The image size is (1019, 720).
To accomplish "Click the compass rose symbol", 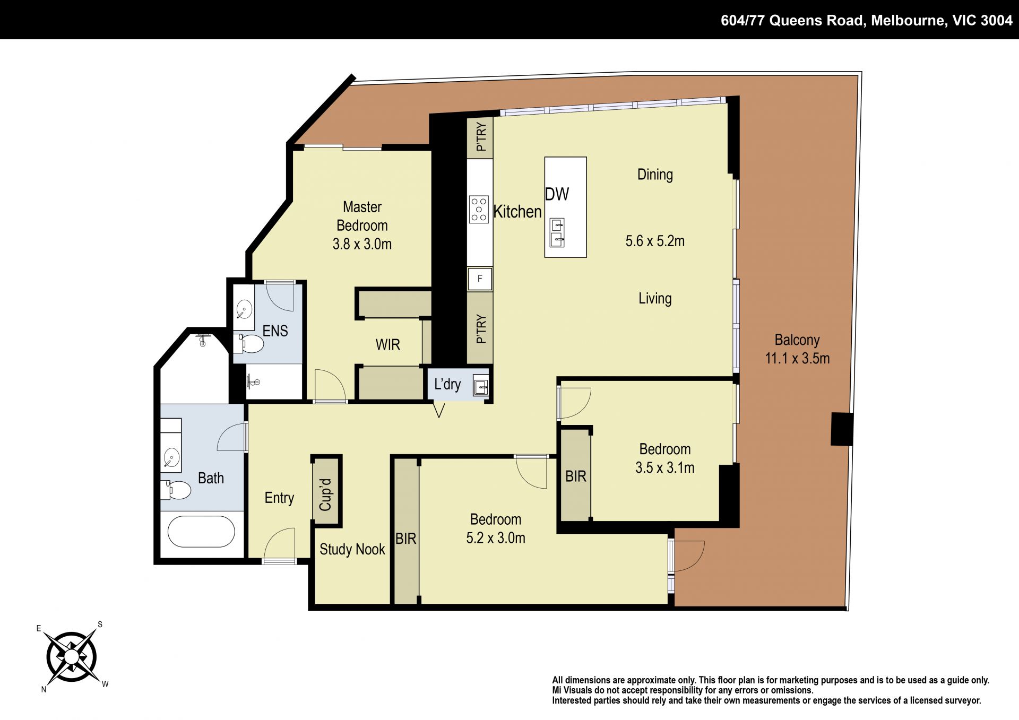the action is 72,657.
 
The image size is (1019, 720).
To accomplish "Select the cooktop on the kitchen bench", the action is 479,209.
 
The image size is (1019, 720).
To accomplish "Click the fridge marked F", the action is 480,279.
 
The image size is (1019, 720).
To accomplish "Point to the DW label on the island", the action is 557,194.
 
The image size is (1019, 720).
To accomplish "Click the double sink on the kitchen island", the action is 557,232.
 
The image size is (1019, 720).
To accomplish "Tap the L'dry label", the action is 447,384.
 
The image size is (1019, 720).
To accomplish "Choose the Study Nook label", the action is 352,549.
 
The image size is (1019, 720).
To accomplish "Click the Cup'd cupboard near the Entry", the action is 326,491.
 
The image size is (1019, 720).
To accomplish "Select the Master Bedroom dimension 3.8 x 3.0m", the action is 362,244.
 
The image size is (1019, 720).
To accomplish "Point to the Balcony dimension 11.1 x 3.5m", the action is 797,358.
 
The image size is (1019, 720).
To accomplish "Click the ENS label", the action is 275,331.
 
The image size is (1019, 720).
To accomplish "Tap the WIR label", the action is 387,345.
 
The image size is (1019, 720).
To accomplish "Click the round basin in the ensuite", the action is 244,309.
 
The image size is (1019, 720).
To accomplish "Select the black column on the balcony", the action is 842,429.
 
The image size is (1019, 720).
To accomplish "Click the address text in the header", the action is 866,20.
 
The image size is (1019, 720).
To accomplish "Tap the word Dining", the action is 655,175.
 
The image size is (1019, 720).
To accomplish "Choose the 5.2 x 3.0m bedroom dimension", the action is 496,538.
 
